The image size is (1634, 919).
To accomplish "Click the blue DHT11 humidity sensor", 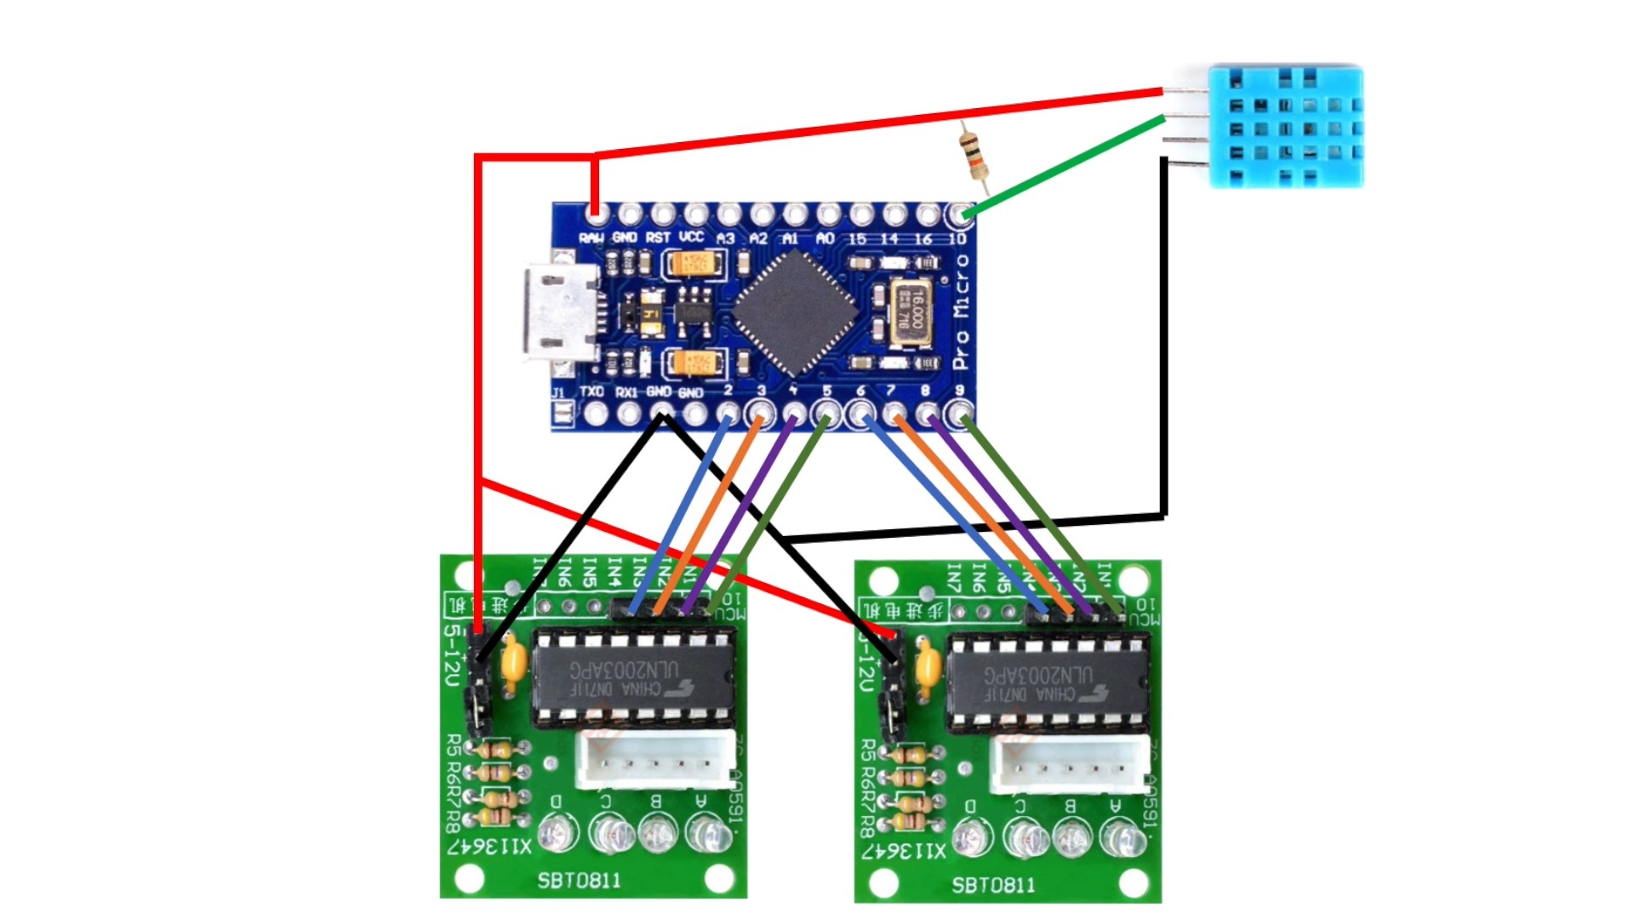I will pos(1285,126).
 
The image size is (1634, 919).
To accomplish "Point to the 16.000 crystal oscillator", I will pos(911,313).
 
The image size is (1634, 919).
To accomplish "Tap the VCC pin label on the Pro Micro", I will pos(691,237).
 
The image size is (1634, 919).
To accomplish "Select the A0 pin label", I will pos(825,239).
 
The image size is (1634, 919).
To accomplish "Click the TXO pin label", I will pos(591,392).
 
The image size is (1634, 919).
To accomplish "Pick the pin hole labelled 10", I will pos(960,214).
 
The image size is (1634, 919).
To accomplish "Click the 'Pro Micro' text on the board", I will pos(962,312).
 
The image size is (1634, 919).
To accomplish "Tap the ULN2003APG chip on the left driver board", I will pos(634,678).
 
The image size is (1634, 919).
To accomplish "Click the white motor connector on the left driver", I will pos(655,760).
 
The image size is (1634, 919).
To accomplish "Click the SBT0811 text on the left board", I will pos(579,881).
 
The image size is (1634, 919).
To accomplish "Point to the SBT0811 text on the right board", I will pos(993,885).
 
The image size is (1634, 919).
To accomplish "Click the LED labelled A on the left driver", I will pos(705,832).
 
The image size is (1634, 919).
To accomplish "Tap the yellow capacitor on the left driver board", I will pos(512,662).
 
